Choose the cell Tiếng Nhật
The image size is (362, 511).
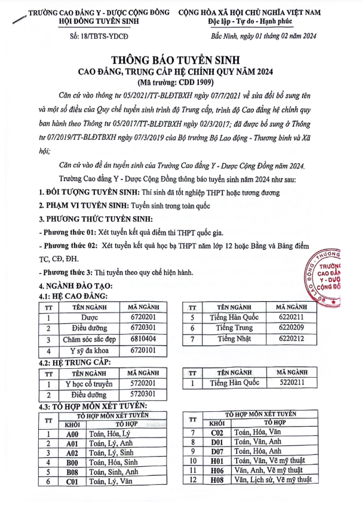(x=235, y=339)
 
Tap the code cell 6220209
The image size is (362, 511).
(x=290, y=328)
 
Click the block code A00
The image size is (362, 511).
(x=72, y=434)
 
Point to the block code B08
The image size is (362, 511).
(x=72, y=472)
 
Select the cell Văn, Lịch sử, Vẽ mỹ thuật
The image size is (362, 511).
(x=273, y=479)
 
